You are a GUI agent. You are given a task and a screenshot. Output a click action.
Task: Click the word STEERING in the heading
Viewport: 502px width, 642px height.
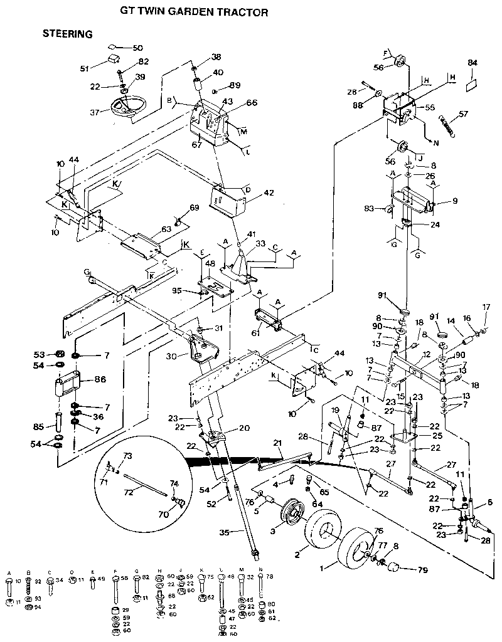tap(67, 34)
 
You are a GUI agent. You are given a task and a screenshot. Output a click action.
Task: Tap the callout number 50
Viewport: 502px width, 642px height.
tap(138, 48)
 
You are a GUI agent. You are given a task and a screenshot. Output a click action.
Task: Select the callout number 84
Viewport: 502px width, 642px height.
tap(473, 63)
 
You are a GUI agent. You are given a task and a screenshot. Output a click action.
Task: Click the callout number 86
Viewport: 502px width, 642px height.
tap(99, 380)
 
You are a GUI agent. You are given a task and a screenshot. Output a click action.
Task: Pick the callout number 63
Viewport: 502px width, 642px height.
tap(166, 229)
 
